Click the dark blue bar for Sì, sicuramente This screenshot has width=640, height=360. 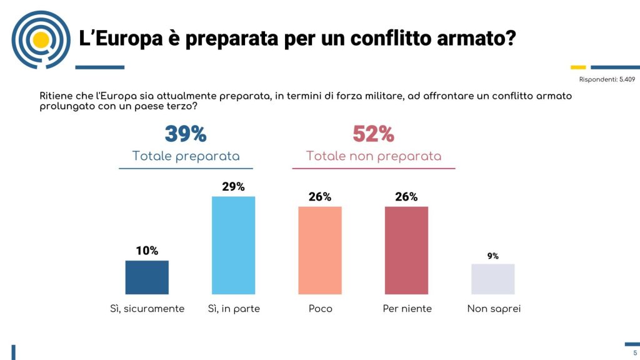147,277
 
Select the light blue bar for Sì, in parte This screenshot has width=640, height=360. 233,245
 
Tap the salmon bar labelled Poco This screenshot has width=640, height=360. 319,250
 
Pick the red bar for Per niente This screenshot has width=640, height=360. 406,250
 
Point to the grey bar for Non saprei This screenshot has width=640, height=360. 492,279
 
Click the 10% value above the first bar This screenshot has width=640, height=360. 147,251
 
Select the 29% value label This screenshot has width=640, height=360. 233,186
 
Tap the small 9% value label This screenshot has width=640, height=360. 492,256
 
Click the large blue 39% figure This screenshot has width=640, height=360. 186,134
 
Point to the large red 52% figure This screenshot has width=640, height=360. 373,134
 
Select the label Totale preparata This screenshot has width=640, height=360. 186,156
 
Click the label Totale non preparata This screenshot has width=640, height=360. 373,156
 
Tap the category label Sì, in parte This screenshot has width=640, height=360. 233,309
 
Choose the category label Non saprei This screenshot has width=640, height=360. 494,309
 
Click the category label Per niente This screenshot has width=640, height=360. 407,309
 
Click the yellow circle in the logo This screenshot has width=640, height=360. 41,40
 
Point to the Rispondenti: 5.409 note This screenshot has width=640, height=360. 607,79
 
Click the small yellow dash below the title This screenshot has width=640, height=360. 578,67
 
